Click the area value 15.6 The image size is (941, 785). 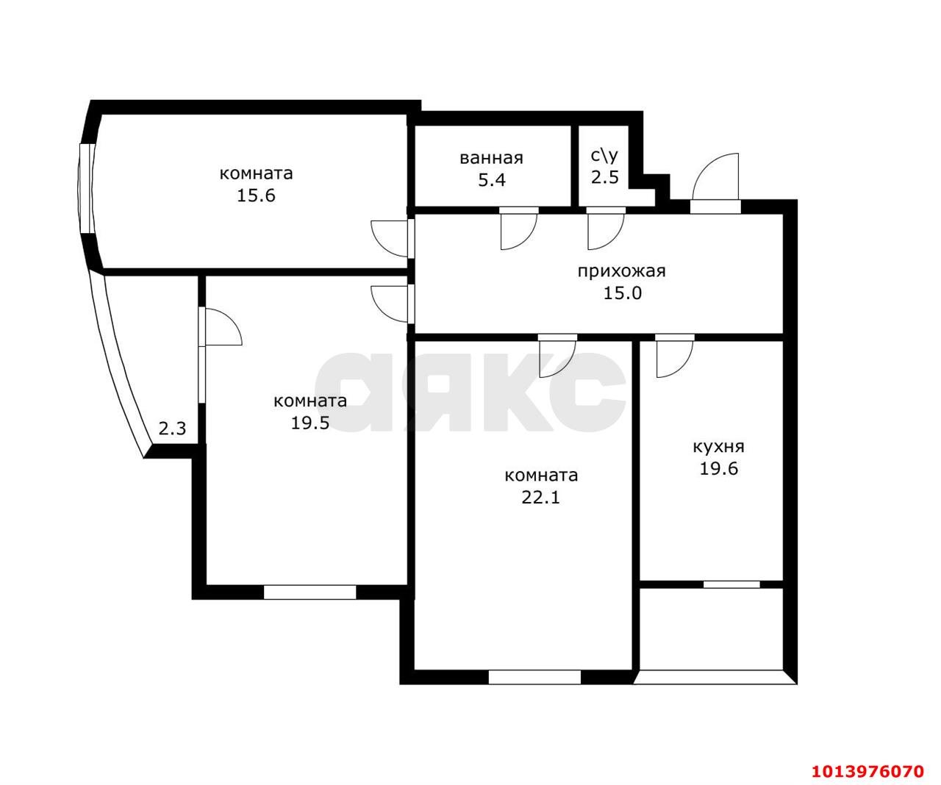pyautogui.click(x=256, y=196)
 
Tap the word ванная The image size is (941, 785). pyautogui.click(x=491, y=158)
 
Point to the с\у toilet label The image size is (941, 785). pyautogui.click(x=604, y=156)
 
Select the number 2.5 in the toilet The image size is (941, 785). pyautogui.click(x=605, y=178)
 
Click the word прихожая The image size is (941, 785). pyautogui.click(x=621, y=272)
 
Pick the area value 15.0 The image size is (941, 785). pyautogui.click(x=623, y=294)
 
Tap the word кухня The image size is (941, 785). pyautogui.click(x=718, y=447)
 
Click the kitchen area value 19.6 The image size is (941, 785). pyautogui.click(x=718, y=469)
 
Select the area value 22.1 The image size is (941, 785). pyautogui.click(x=541, y=498)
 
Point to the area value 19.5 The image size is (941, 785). pyautogui.click(x=310, y=423)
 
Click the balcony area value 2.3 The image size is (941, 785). pyautogui.click(x=172, y=429)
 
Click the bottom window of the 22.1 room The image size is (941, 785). pyautogui.click(x=534, y=677)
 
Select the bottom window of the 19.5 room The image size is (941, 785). pyautogui.click(x=310, y=592)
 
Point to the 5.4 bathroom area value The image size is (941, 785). pyautogui.click(x=492, y=180)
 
